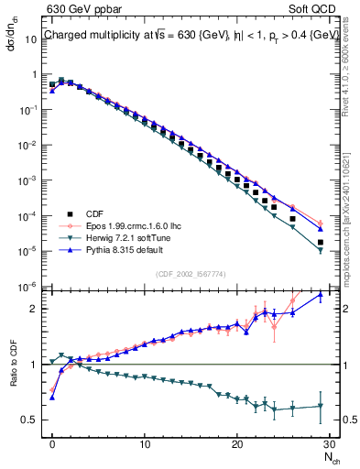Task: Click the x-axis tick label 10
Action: [145, 444]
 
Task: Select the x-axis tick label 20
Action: [237, 444]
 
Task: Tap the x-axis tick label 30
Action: [330, 444]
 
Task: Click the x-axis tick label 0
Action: [52, 444]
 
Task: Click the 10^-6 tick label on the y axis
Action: [30, 288]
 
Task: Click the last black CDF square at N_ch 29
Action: [321, 243]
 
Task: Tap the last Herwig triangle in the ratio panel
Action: [321, 406]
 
